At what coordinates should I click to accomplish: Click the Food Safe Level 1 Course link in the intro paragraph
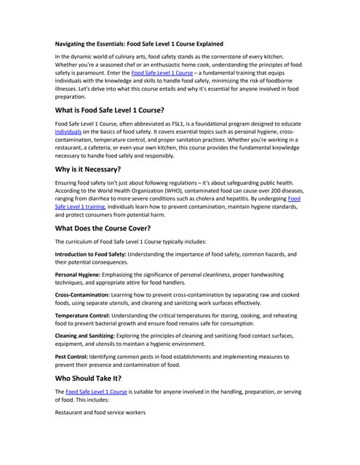pos(162,73)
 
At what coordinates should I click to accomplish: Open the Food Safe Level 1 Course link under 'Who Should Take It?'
pos(96,392)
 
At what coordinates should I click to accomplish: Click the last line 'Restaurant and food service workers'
pos(100,412)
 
